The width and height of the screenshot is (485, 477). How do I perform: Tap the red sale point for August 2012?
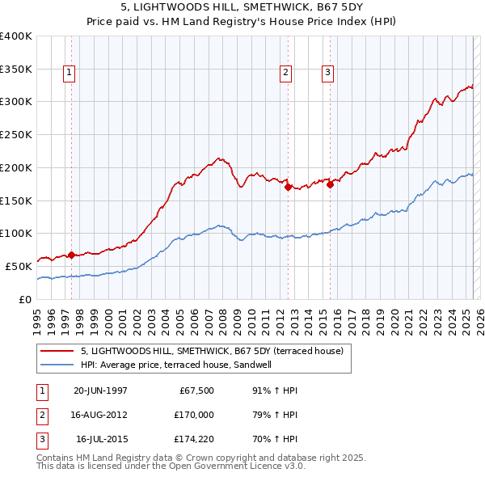[x=288, y=187]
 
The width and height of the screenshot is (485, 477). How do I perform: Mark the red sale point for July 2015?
[x=330, y=184]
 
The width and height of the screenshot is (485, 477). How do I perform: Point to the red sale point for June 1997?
[x=71, y=255]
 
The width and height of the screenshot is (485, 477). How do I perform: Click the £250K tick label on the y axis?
[x=16, y=135]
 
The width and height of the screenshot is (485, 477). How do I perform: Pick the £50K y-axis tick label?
[x=19, y=266]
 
